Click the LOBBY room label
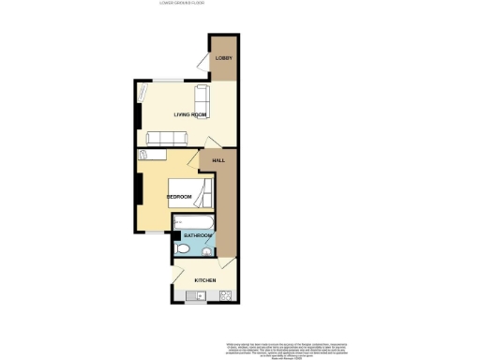coord(223,59)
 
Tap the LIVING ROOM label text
coord(189,114)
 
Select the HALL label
coord(218,160)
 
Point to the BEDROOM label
coord(179,196)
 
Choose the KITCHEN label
coord(205,280)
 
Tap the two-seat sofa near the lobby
coord(202,96)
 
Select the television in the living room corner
coord(142,94)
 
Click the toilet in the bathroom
coord(183,248)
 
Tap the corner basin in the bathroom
coord(207,249)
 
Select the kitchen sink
coord(196,297)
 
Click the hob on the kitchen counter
coord(225,297)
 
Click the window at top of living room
coord(169,82)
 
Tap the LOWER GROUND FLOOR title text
coord(183,4)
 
